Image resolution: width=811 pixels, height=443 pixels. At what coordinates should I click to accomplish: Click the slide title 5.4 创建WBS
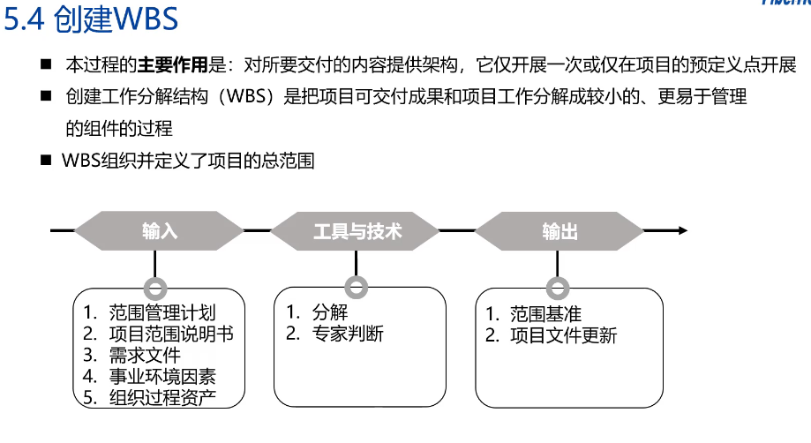[91, 19]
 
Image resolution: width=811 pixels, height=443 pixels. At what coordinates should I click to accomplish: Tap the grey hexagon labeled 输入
[160, 230]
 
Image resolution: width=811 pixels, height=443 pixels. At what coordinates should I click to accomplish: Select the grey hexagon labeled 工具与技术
[356, 230]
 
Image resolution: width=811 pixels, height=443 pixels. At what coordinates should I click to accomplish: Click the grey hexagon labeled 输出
[559, 230]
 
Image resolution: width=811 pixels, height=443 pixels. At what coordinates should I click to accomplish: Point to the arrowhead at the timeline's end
[683, 230]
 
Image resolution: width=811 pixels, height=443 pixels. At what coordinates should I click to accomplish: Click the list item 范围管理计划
[161, 312]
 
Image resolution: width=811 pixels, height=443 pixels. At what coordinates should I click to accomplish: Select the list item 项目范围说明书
[171, 334]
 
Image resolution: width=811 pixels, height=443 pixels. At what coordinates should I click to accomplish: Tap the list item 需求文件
[145, 355]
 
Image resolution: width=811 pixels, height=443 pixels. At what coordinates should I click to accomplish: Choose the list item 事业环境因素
[162, 376]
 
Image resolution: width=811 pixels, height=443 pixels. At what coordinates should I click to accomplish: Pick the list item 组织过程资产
[162, 397]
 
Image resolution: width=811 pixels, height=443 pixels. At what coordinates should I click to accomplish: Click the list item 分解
[330, 312]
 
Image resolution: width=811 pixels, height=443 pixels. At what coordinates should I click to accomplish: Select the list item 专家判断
[348, 334]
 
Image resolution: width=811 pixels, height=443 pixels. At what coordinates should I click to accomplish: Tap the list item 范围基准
[545, 314]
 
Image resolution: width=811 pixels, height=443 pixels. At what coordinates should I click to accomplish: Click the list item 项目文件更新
[564, 335]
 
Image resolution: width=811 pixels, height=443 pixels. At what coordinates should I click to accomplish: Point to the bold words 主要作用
[172, 65]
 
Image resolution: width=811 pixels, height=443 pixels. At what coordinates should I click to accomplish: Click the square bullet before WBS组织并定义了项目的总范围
[46, 161]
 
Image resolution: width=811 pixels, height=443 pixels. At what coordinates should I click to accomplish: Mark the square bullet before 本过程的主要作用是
[46, 64]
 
